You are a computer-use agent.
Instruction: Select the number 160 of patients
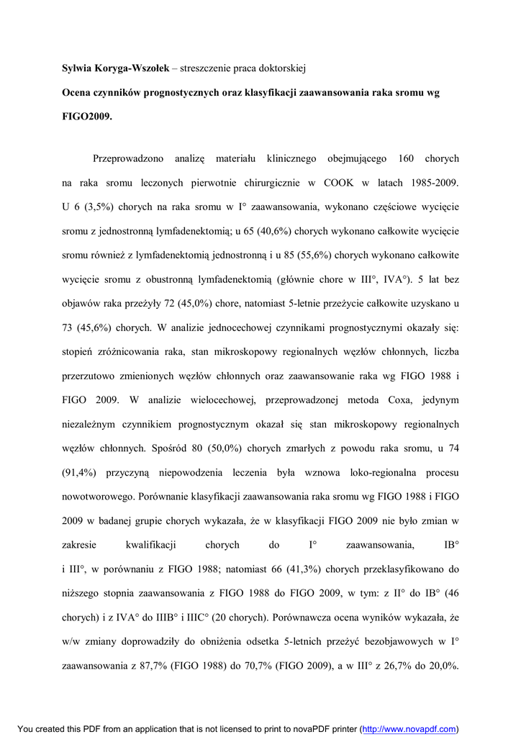coord(406,158)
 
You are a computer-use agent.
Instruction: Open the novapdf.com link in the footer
coord(408,728)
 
